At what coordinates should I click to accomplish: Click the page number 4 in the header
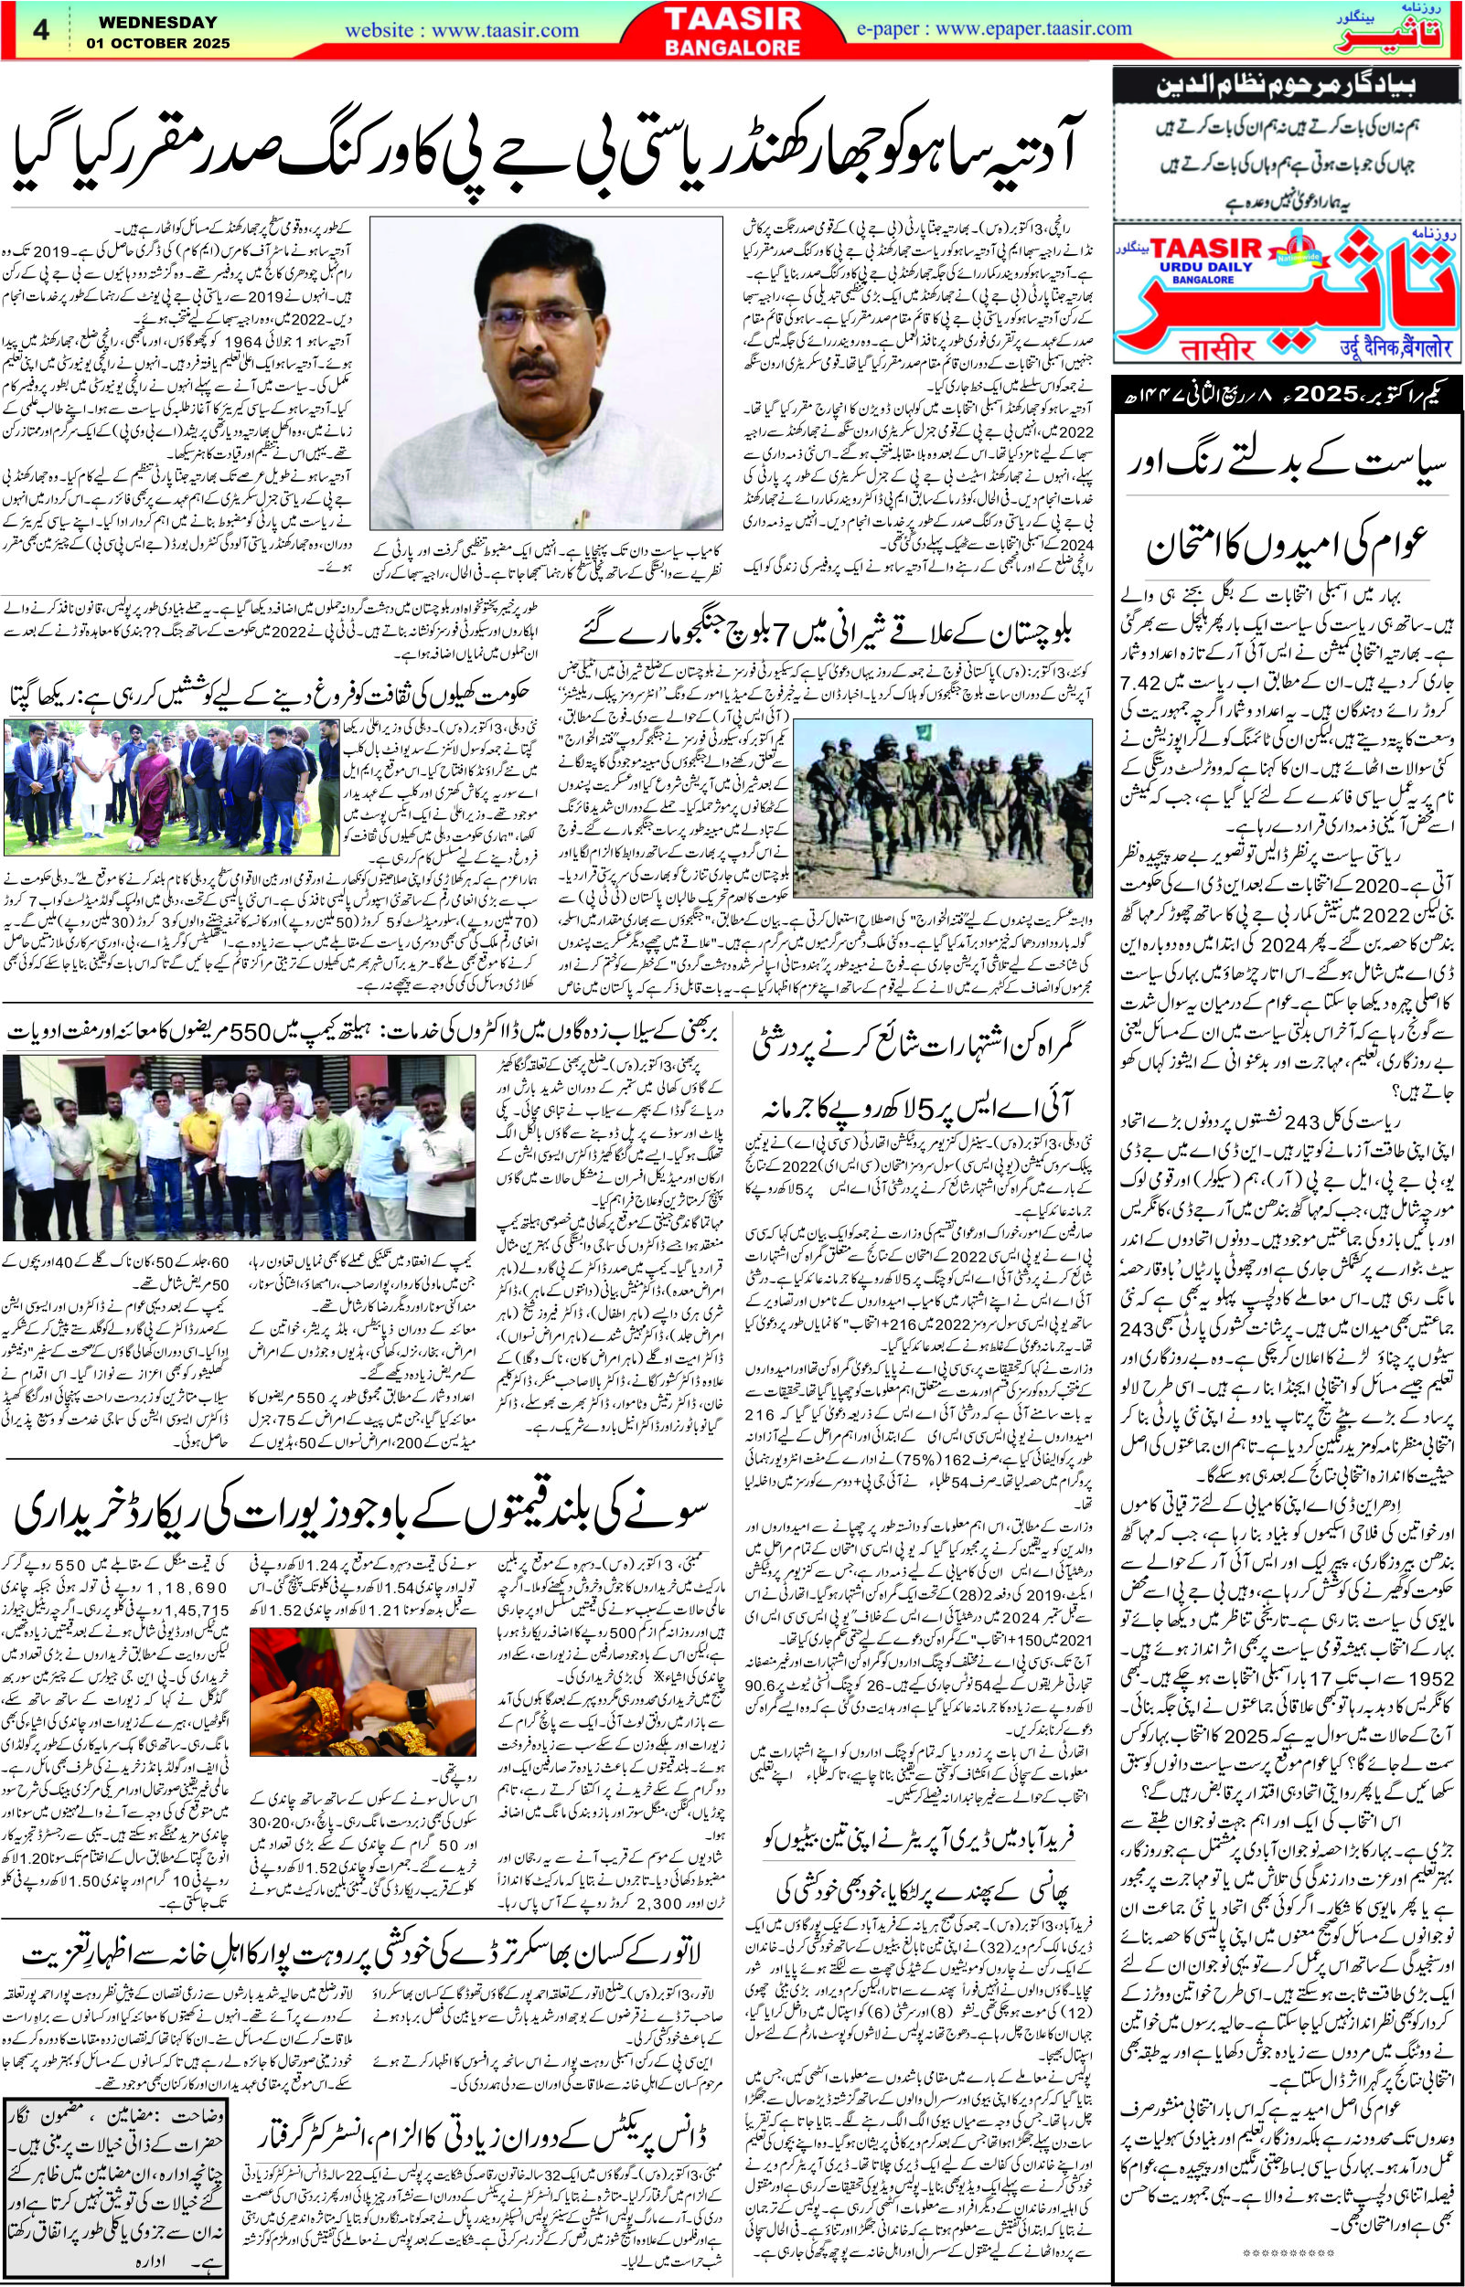pos(41,30)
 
